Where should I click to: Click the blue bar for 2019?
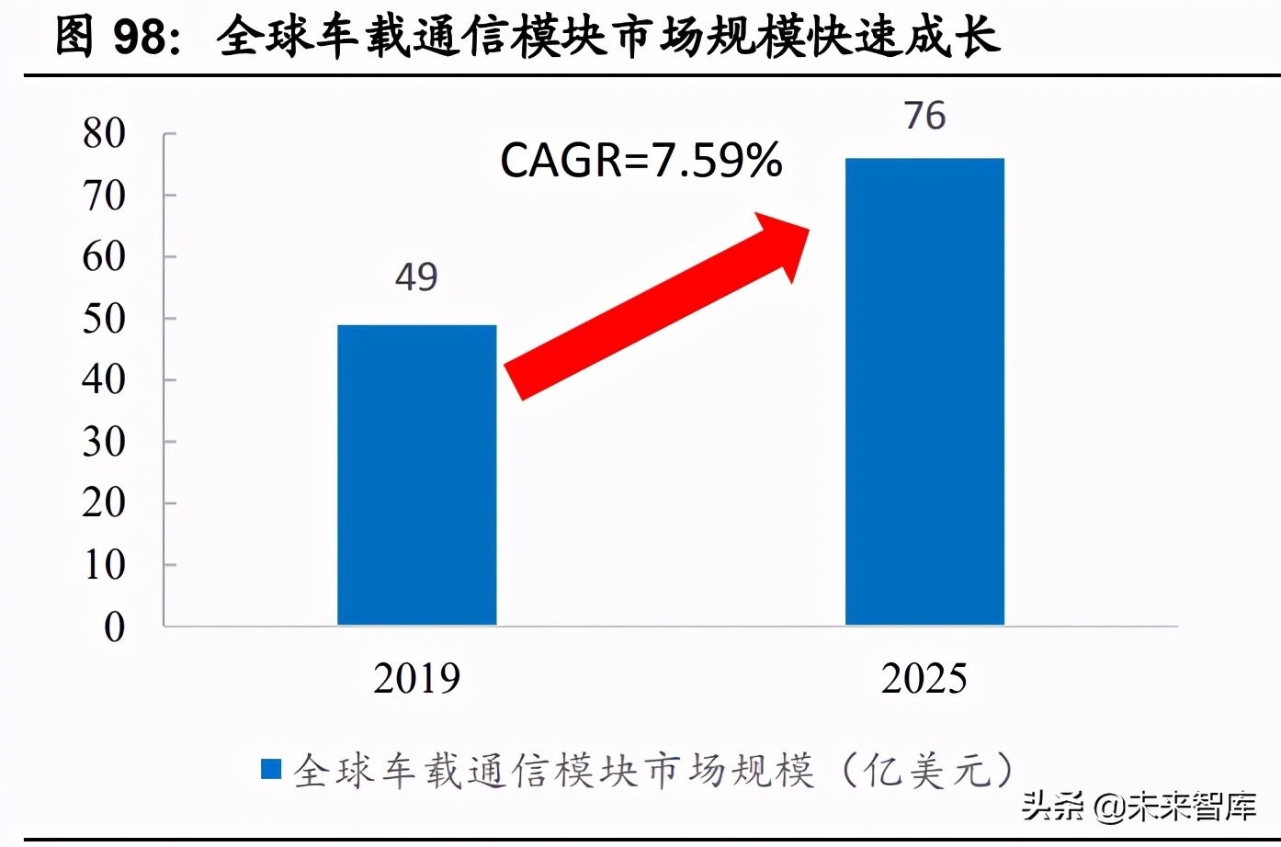(x=416, y=475)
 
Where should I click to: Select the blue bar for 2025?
(x=924, y=392)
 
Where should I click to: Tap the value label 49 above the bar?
(x=416, y=277)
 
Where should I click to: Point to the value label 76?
(x=924, y=116)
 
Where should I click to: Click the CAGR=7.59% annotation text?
(x=640, y=161)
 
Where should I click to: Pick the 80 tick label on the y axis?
(x=104, y=134)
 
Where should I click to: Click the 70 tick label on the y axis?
(x=104, y=196)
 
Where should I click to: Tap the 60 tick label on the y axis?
(x=104, y=257)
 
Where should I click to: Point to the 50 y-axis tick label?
(x=104, y=319)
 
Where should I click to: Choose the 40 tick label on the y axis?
(x=104, y=379)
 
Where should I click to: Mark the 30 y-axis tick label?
(x=104, y=442)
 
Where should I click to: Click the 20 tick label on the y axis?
(x=104, y=503)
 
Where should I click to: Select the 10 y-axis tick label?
(x=104, y=565)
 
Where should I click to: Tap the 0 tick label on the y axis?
(x=114, y=627)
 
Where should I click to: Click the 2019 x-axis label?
(x=416, y=679)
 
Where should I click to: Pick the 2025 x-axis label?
(x=924, y=679)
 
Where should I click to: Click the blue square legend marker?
(x=271, y=769)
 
